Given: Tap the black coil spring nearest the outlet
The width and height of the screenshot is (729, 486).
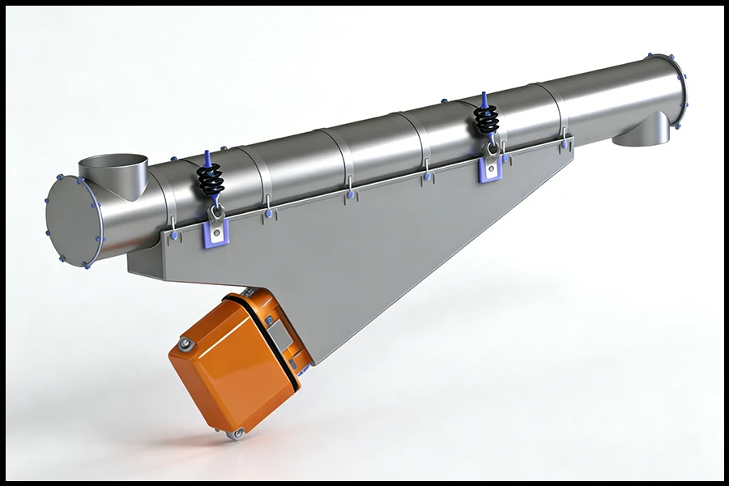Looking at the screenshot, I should click(486, 121).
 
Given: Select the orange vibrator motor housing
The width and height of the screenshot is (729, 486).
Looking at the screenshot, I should click(227, 364).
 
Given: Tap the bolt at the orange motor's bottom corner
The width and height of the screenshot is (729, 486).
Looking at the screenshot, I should click(236, 435).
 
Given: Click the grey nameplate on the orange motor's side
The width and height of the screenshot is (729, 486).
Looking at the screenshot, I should click(280, 331).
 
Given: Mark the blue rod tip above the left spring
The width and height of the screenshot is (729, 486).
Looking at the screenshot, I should click(207, 155).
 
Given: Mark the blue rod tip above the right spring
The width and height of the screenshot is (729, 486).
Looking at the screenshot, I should click(484, 97).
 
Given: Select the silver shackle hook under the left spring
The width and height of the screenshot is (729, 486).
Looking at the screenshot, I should click(216, 211).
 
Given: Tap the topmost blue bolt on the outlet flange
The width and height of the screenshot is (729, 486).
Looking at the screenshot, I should click(648, 57).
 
